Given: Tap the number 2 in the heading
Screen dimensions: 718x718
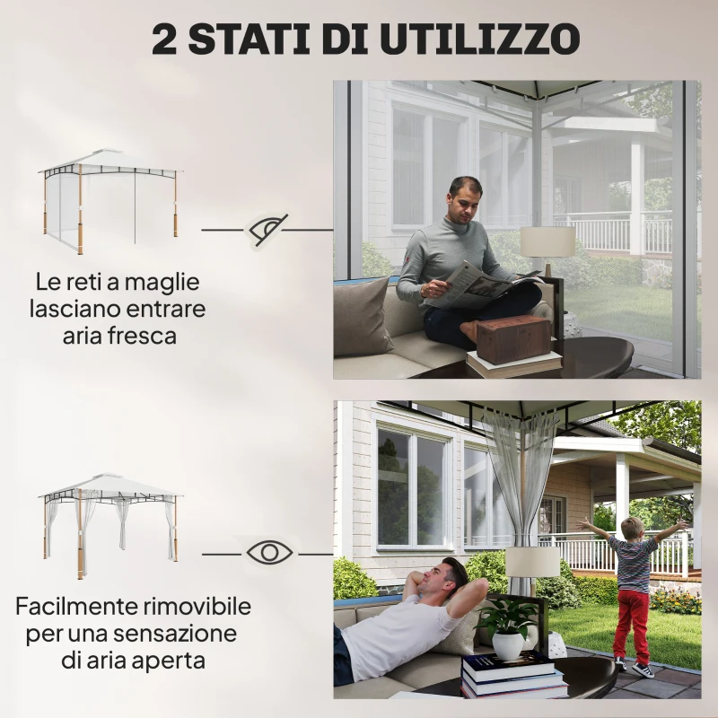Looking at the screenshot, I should click(164, 39).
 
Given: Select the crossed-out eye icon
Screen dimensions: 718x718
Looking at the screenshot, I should click(268, 229).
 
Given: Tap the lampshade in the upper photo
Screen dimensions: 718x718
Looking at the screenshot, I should click(547, 241).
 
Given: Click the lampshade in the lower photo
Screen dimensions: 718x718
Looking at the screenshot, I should click(533, 563).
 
